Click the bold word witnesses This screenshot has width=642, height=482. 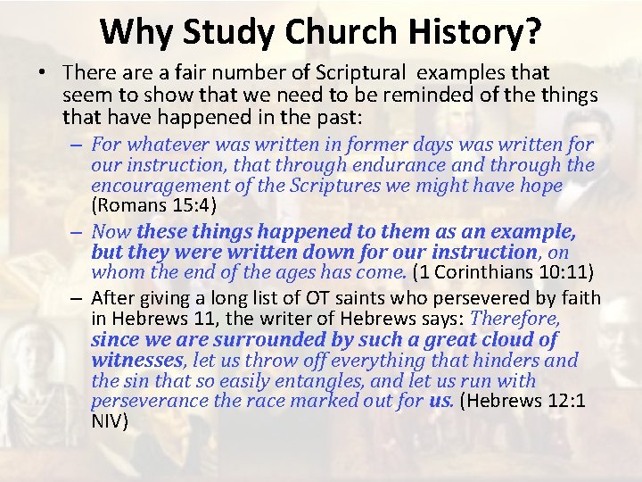coord(137,361)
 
